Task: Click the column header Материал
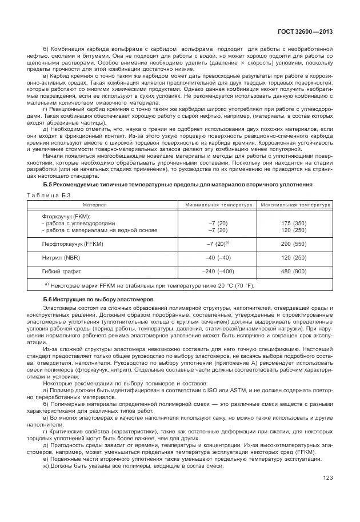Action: point(94,204)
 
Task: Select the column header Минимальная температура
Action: point(218,204)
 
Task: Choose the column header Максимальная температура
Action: point(295,204)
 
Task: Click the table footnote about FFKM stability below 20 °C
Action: point(150,285)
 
